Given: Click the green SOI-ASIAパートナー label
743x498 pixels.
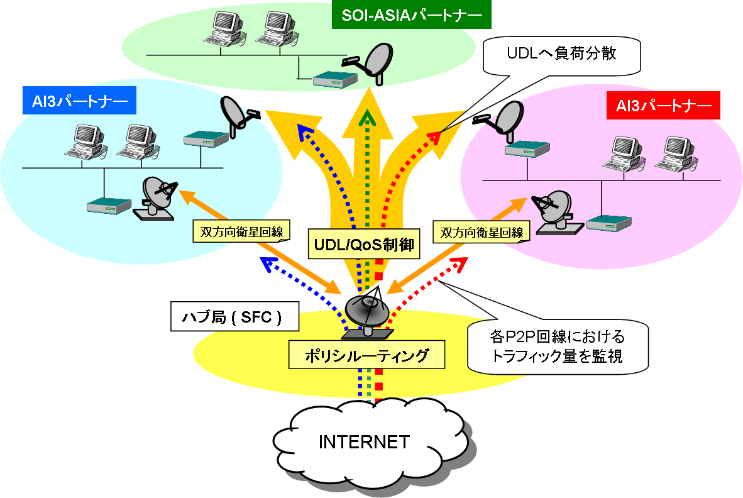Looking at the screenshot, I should click(410, 15).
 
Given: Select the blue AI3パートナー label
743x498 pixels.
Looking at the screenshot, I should click(79, 100).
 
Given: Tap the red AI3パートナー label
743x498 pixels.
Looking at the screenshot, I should click(663, 106).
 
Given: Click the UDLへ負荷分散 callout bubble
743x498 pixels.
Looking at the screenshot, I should click(561, 54).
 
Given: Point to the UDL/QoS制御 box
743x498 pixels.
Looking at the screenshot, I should click(364, 244).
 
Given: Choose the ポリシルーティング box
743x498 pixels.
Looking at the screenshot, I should click(366, 355).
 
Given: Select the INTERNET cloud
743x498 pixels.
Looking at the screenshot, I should click(364, 441).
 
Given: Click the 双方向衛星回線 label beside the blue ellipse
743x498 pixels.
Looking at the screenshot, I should click(241, 231).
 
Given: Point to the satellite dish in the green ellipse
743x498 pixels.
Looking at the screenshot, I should click(373, 58).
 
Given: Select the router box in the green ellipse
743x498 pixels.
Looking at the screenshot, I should click(336, 79).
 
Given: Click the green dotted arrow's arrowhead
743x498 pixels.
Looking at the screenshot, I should click(367, 117).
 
